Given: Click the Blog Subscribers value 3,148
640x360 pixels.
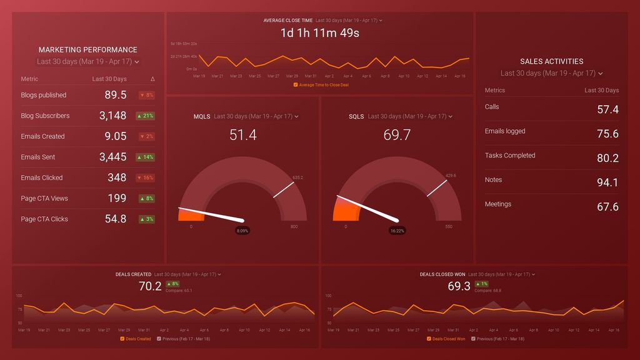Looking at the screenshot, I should click(113, 116).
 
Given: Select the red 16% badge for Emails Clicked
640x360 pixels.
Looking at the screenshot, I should click(146, 178).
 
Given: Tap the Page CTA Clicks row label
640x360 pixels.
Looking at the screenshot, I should click(44, 219).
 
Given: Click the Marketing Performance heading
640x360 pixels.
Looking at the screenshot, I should click(87, 49).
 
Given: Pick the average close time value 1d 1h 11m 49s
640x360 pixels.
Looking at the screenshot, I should click(319, 33).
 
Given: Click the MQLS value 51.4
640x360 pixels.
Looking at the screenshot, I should click(242, 135).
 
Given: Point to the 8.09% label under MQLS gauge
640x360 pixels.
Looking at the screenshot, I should click(242, 231).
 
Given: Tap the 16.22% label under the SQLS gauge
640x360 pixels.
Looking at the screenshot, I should click(397, 231).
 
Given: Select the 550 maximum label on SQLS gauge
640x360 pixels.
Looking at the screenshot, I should click(448, 226).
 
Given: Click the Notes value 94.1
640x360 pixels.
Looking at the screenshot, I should click(607, 182).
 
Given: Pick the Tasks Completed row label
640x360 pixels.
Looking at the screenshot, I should click(510, 156).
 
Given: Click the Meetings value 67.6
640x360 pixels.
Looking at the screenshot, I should click(607, 207).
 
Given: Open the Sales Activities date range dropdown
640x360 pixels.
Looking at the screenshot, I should click(551, 73).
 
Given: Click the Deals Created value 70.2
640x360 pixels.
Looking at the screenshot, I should click(150, 286).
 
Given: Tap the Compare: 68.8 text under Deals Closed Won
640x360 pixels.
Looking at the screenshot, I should click(488, 290).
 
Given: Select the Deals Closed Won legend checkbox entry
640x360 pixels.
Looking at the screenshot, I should click(446, 339).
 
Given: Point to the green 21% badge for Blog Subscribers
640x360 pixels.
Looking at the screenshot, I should click(146, 116).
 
